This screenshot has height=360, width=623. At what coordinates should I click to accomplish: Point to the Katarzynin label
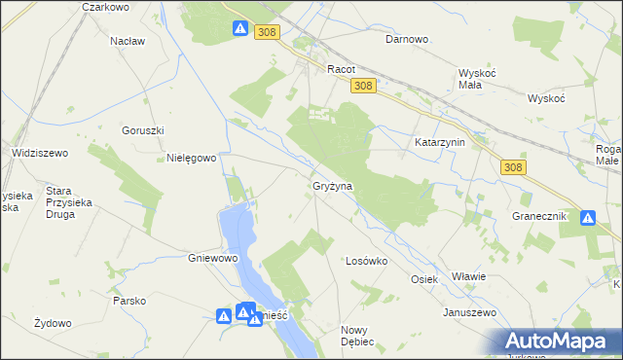(441, 142)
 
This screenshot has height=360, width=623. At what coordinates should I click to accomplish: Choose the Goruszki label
(143, 130)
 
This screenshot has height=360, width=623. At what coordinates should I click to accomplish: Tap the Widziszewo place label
(39, 153)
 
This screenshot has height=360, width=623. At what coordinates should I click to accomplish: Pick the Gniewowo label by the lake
(213, 259)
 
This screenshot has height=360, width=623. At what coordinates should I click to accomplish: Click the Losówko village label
(367, 261)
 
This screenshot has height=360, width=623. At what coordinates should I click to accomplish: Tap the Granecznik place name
(539, 216)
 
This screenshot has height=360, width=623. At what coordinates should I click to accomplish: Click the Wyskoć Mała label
(478, 78)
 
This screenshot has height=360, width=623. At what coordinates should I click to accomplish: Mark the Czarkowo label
(107, 7)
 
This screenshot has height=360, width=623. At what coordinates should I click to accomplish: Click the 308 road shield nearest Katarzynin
(515, 167)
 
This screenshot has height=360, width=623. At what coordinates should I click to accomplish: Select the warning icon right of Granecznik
(588, 218)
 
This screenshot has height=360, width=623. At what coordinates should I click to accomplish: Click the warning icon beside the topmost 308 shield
(240, 29)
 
